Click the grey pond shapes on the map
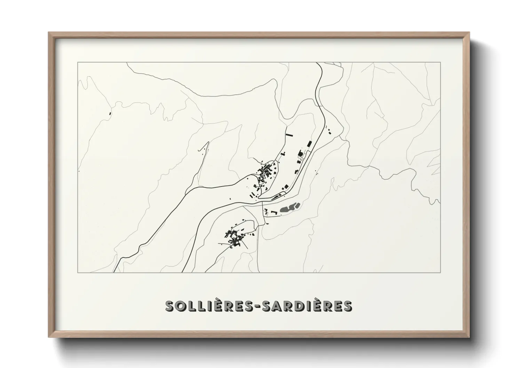(x=289, y=208)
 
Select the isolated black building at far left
(x=110, y=113)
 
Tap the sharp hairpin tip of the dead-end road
(x=208, y=142)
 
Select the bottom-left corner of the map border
(x=78, y=272)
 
